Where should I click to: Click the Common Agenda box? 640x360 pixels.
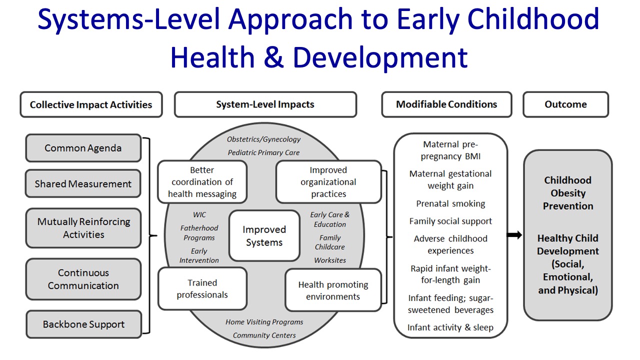83,148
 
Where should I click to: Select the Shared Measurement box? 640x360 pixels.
83,183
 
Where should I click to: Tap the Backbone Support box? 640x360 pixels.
83,324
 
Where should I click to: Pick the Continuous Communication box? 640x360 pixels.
83,279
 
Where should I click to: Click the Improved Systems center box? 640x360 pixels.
264,236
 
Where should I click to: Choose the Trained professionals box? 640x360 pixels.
202,288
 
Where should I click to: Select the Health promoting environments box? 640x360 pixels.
333,290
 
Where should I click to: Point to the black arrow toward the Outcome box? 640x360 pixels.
514,235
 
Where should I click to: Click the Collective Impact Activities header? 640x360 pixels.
91,104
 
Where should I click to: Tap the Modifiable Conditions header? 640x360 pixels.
446,104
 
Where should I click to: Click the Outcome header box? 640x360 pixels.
565,104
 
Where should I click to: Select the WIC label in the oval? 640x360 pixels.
199,215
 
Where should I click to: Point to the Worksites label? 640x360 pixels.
330,260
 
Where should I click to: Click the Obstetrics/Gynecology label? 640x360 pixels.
264,139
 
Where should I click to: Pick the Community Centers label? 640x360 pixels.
264,335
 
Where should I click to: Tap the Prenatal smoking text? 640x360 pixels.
450,203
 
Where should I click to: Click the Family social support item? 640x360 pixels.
450,221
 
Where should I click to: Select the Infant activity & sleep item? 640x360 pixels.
450,327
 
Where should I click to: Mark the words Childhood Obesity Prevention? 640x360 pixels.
568,193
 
